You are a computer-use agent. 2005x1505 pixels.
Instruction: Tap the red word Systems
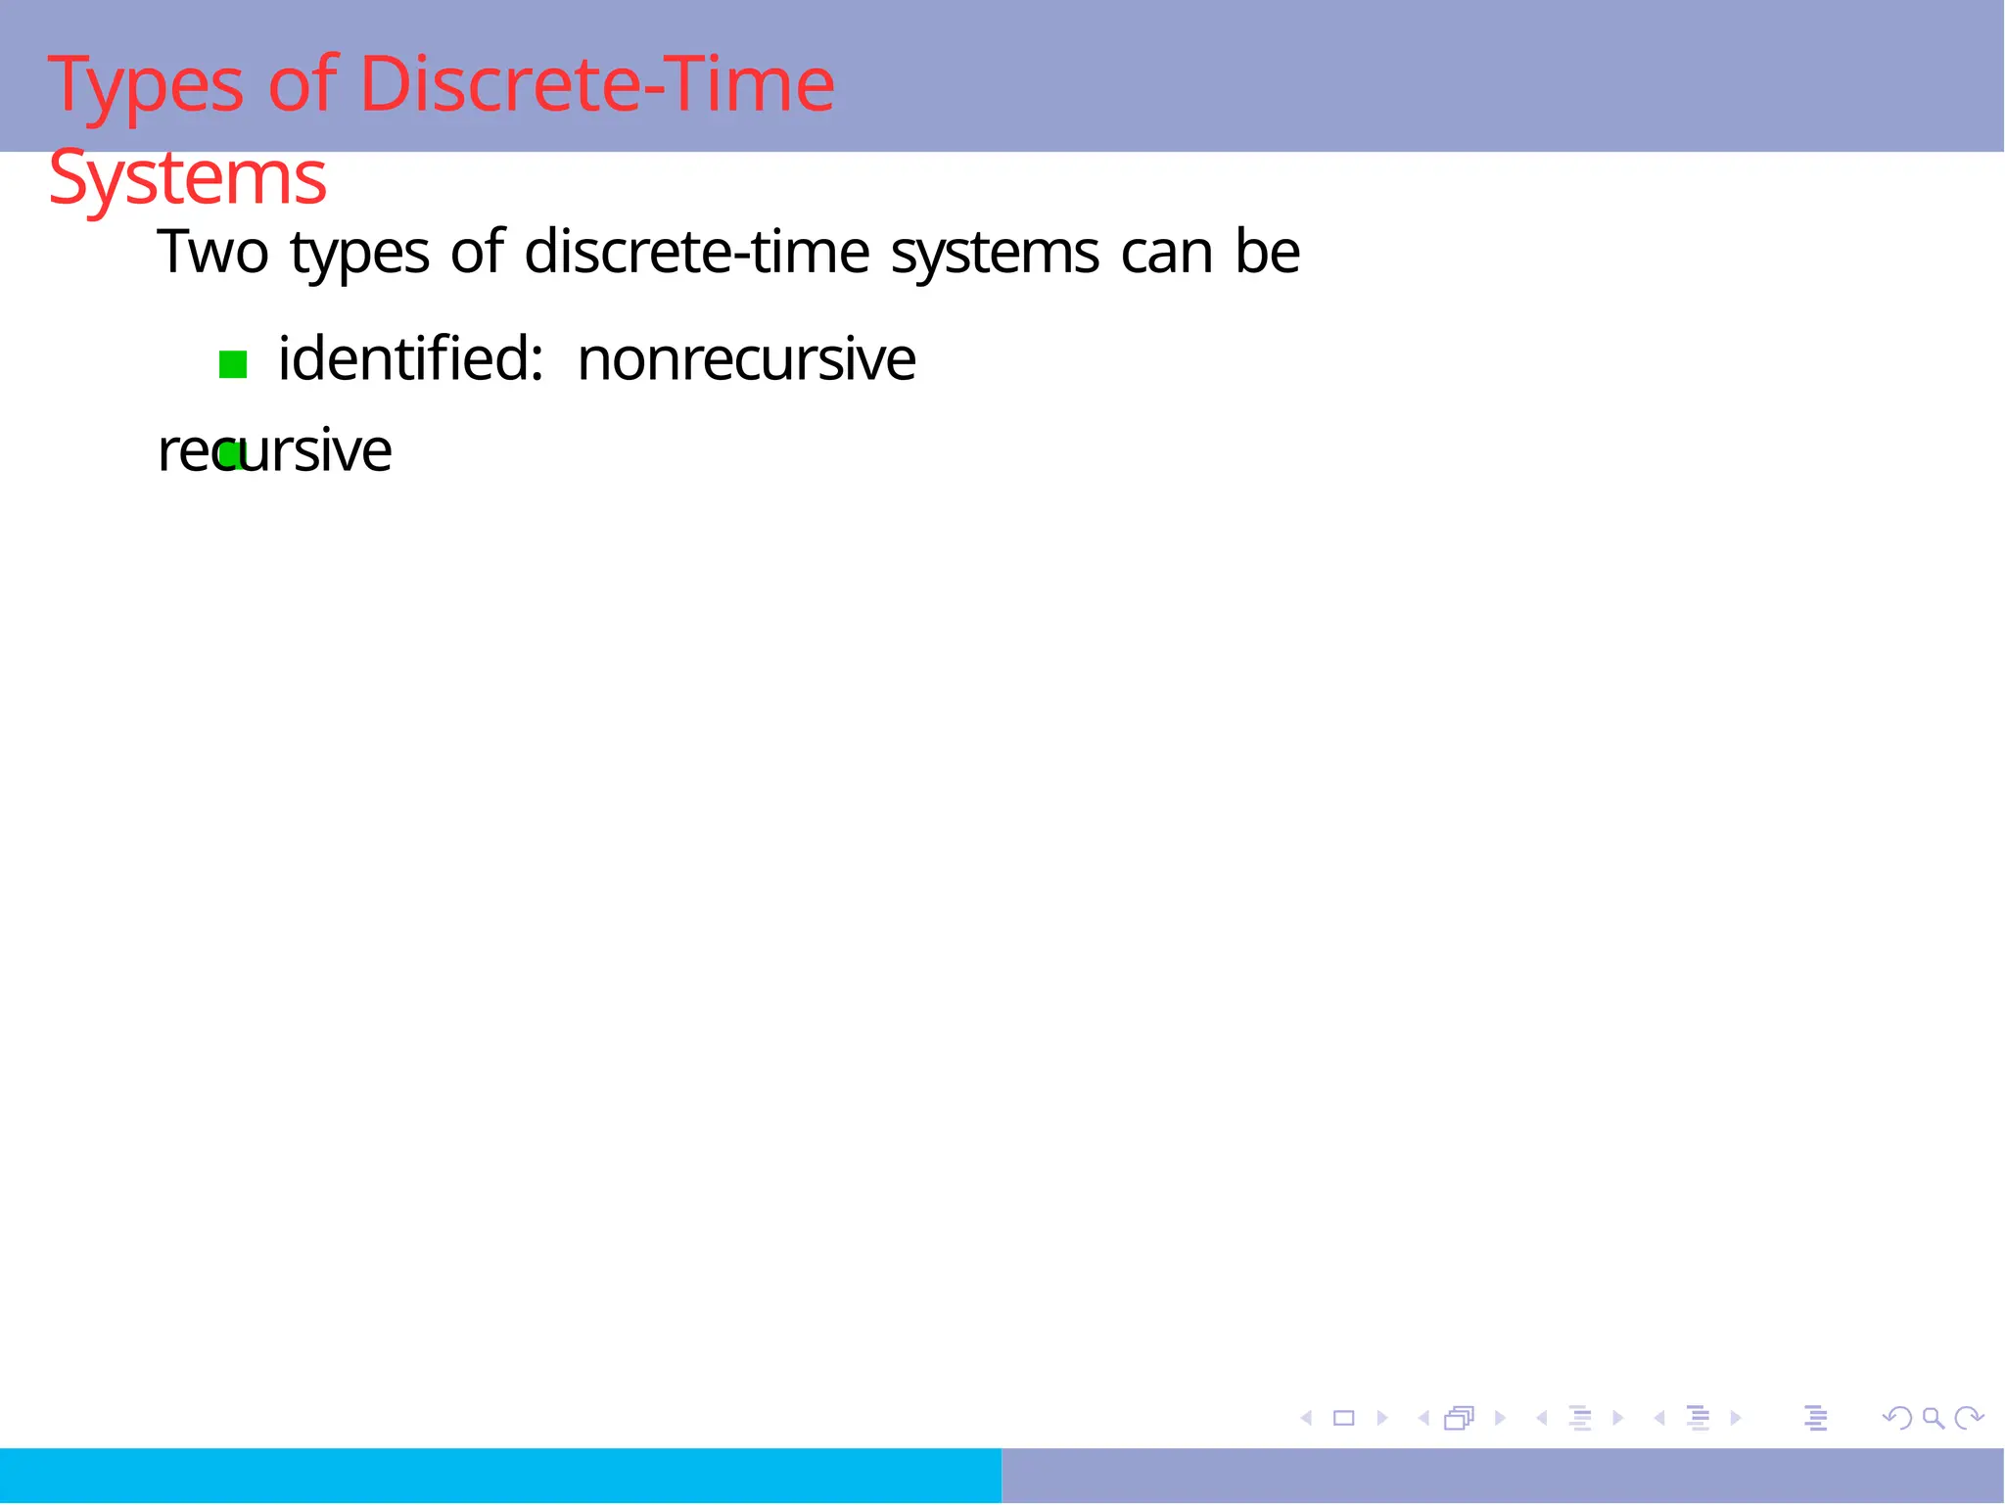tap(187, 179)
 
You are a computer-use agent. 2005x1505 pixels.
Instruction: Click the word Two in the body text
tap(212, 252)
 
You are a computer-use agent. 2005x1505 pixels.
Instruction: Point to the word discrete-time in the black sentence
tap(696, 252)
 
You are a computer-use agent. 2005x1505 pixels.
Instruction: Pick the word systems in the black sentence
tap(995, 254)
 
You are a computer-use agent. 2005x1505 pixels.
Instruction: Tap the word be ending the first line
tap(1268, 252)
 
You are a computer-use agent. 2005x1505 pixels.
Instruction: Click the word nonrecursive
tap(746, 359)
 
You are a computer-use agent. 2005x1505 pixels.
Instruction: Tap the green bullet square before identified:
tap(233, 365)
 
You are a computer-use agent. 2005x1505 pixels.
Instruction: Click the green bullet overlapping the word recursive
tap(230, 455)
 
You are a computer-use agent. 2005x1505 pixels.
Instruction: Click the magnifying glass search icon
tap(1933, 1418)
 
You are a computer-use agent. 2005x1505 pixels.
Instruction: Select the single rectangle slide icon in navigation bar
tap(1343, 1418)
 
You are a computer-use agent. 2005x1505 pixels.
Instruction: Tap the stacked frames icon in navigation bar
tap(1459, 1418)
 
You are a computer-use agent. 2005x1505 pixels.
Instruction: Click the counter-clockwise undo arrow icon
tap(1897, 1418)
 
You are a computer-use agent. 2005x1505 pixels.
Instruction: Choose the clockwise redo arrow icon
tap(1968, 1418)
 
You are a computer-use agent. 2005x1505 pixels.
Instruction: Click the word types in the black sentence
tap(359, 254)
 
